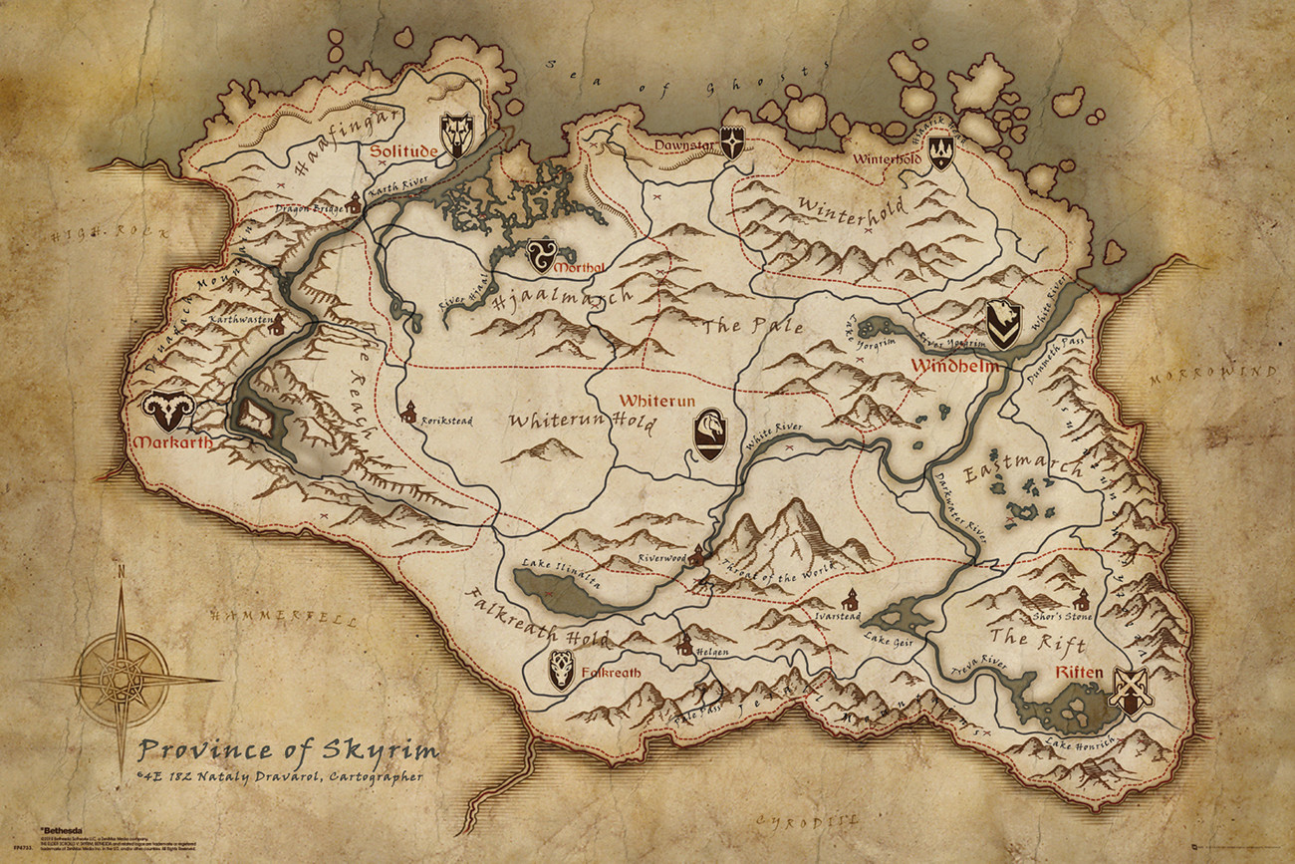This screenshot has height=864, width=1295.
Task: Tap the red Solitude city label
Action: coord(404,151)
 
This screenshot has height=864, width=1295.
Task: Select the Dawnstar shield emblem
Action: coord(733,143)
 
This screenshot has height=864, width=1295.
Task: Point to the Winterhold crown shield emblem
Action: coord(939,151)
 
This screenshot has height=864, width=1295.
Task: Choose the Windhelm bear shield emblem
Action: coord(1003,324)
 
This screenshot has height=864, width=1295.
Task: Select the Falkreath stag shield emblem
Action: coord(562,671)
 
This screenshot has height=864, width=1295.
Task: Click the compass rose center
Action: coord(123,681)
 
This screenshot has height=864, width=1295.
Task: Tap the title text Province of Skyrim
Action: coord(287,749)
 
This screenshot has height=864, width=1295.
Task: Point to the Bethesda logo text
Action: coord(62,828)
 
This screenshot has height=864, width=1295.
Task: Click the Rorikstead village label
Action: coord(445,421)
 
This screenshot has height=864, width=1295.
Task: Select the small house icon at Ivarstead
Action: coord(849,600)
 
